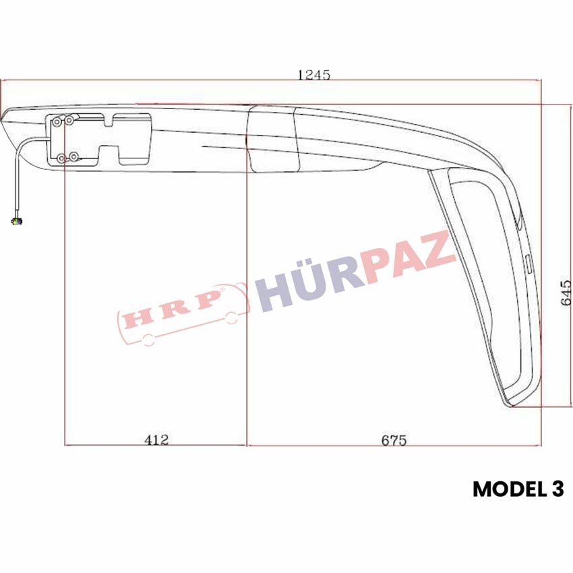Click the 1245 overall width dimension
(x=314, y=75)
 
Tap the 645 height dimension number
(x=566, y=293)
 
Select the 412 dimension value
(x=156, y=440)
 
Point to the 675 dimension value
(x=394, y=440)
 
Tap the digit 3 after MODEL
(x=557, y=489)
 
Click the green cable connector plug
(x=16, y=220)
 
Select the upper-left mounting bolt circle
(x=57, y=122)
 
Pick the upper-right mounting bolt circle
(x=69, y=120)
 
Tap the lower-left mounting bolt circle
(x=61, y=158)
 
